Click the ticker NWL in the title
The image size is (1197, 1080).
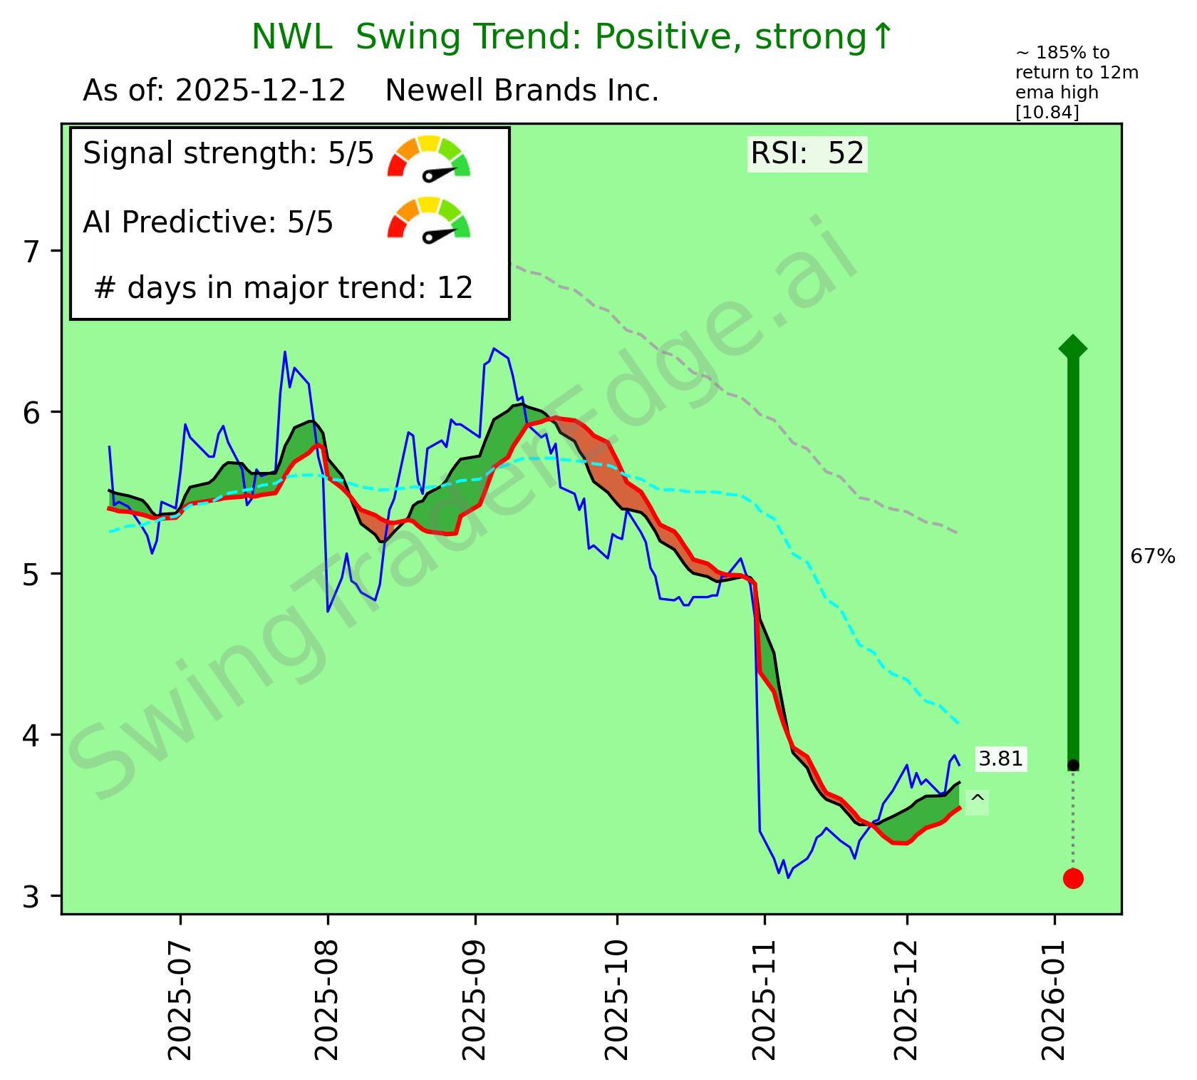[x=291, y=37]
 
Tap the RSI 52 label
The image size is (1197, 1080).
[x=807, y=153]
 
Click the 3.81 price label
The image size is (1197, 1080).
[x=1001, y=759]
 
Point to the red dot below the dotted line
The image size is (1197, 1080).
[x=1073, y=878]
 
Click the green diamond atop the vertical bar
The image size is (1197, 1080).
[x=1073, y=348]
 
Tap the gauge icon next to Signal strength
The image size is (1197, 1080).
[x=429, y=157]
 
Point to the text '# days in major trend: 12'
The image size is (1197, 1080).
[x=284, y=288]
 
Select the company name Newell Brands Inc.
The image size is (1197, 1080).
[x=522, y=91]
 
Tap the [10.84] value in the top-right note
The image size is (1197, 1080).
[x=1047, y=112]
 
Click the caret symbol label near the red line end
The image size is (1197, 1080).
[x=978, y=801]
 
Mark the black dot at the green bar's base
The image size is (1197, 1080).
[x=1073, y=765]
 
